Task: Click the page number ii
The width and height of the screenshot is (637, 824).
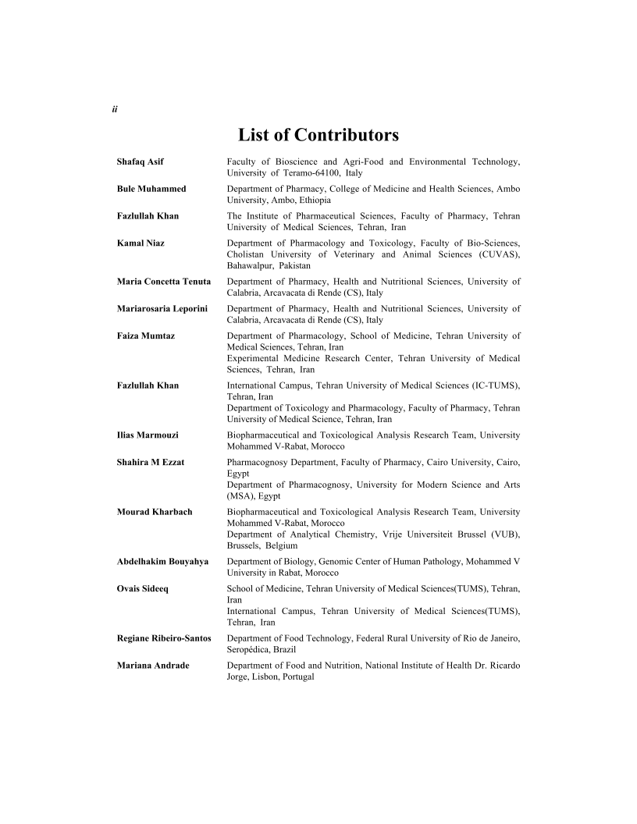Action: click(114, 109)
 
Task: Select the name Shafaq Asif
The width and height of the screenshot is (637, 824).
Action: click(141, 162)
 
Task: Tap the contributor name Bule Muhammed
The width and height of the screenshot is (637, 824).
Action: click(151, 189)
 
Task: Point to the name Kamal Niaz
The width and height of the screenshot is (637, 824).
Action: click(141, 243)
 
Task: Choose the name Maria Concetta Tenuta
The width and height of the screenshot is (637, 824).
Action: click(164, 282)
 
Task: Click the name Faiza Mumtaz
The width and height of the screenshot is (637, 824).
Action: click(146, 336)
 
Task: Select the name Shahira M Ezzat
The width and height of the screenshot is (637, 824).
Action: click(151, 463)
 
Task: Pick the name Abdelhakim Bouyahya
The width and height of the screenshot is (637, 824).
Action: click(162, 561)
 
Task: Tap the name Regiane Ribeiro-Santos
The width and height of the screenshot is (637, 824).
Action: click(164, 638)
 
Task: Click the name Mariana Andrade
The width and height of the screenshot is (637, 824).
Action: click(153, 666)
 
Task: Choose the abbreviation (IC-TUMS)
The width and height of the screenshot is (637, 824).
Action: click(493, 385)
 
